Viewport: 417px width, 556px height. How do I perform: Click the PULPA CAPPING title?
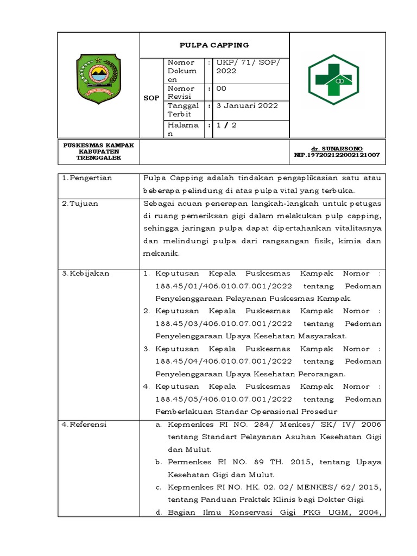[215, 45]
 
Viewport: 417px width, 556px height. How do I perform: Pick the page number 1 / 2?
[226, 125]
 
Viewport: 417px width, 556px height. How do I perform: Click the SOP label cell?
[151, 98]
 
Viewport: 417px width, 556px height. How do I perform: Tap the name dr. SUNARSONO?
[337, 148]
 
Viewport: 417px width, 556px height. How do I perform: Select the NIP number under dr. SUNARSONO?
[337, 155]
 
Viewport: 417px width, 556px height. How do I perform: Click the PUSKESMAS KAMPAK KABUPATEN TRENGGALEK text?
[99, 151]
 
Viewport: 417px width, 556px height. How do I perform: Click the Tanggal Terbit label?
[184, 110]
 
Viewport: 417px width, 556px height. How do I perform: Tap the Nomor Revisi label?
[181, 92]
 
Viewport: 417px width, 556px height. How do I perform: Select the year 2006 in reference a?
[371, 424]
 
